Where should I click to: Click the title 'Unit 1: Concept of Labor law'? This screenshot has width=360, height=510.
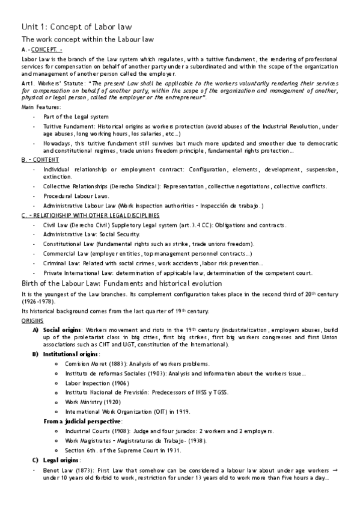tap(76, 27)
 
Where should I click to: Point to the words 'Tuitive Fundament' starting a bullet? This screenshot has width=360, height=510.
tap(64, 126)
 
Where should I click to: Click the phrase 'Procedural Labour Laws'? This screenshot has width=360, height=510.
tap(75, 196)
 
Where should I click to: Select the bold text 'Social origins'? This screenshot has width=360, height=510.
tap(61, 330)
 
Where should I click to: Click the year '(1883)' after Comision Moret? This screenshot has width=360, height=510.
tap(106, 364)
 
